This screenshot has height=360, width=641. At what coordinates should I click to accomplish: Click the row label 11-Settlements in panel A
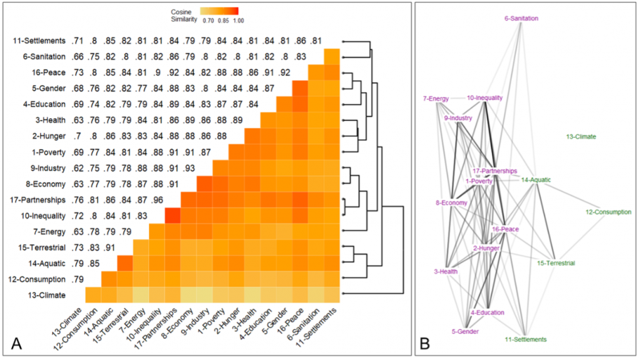[x=39, y=41]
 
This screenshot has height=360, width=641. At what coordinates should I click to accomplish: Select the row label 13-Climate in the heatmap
[x=46, y=293]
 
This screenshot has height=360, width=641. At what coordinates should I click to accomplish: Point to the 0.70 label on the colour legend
[x=207, y=21]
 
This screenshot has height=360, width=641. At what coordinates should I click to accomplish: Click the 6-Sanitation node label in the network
[x=521, y=19]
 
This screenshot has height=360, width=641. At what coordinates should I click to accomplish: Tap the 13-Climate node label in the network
[x=580, y=136]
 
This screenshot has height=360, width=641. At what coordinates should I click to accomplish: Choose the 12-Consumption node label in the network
[x=608, y=212]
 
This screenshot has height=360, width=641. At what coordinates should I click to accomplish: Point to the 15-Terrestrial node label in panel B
[x=556, y=264]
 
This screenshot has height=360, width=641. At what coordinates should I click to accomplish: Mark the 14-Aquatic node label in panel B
[x=536, y=180]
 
